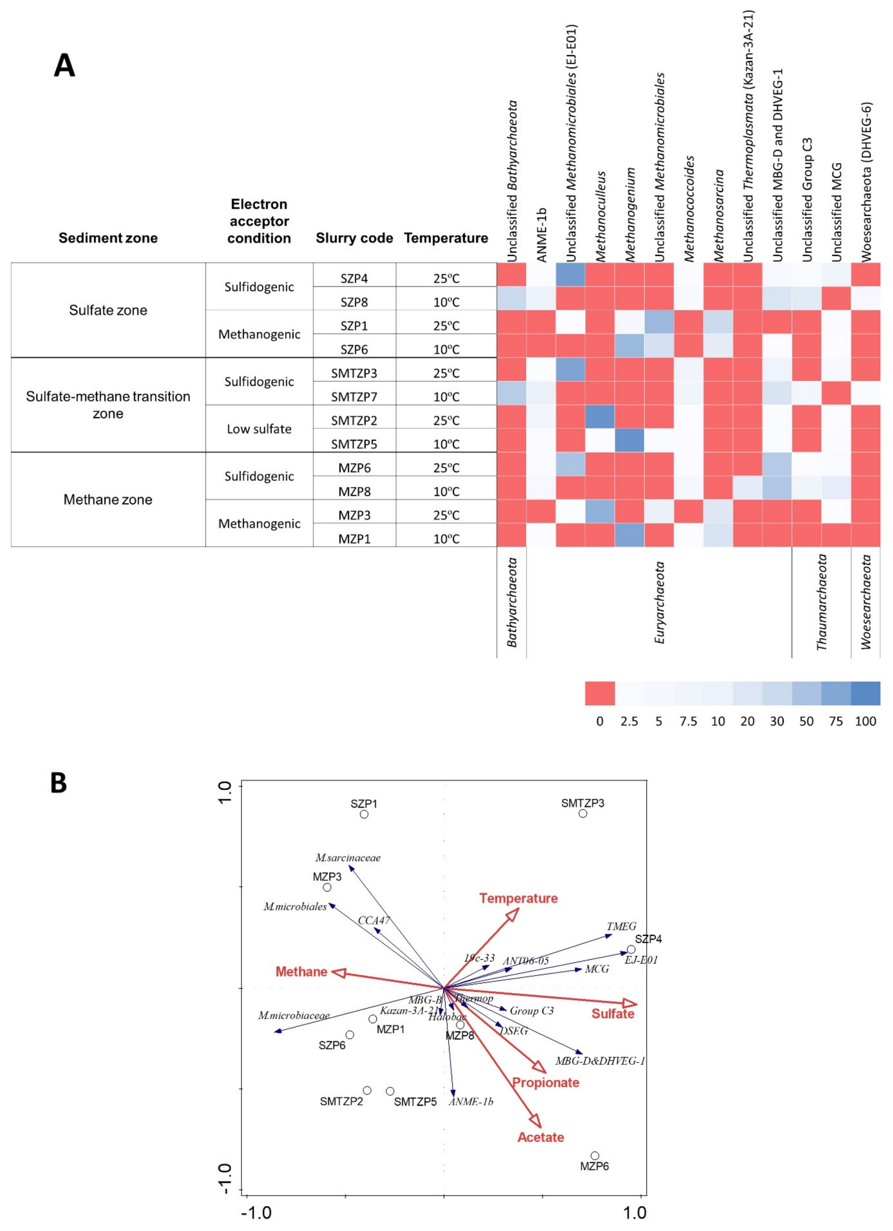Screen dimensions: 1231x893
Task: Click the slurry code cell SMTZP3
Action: pyautogui.click(x=354, y=373)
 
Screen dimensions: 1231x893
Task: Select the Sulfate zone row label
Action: pyautogui.click(x=108, y=310)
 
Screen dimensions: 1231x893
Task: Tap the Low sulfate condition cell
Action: pyautogui.click(x=259, y=429)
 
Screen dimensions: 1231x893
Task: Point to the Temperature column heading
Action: pyautogui.click(x=446, y=238)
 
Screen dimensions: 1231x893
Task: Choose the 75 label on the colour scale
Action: pyautogui.click(x=836, y=721)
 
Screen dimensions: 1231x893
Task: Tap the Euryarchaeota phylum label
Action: pyautogui.click(x=660, y=603)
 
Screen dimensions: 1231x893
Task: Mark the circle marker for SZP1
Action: pyautogui.click(x=364, y=814)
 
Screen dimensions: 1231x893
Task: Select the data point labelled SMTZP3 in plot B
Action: pyautogui.click(x=582, y=813)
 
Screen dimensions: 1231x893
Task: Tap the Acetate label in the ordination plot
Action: pyautogui.click(x=541, y=1137)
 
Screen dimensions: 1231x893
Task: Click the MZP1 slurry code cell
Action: pyautogui.click(x=354, y=538)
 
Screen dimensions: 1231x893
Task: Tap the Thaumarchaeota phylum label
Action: pyautogui.click(x=821, y=603)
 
